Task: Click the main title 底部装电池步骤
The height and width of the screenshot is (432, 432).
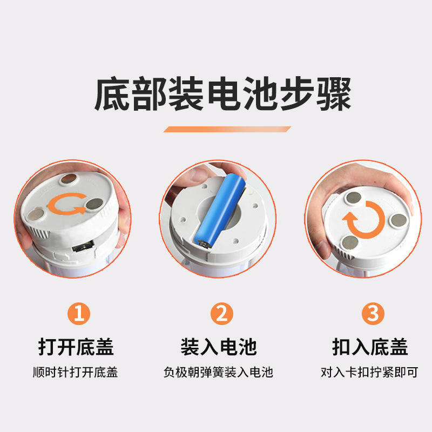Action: tap(222, 94)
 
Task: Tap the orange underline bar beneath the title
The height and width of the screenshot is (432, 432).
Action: tap(227, 129)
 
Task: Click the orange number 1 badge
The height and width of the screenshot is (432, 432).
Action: tap(79, 314)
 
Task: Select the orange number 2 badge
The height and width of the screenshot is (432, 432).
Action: tap(222, 314)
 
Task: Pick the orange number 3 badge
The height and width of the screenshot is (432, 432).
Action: tap(373, 314)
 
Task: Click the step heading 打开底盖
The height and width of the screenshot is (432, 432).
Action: tap(76, 347)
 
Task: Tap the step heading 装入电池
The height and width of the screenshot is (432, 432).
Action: tap(219, 347)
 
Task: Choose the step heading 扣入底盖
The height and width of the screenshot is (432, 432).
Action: tap(370, 347)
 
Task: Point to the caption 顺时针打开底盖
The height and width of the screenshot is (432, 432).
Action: tap(75, 372)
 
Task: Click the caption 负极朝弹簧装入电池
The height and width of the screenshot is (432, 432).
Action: tap(218, 372)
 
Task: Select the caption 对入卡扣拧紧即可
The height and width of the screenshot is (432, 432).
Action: tap(369, 372)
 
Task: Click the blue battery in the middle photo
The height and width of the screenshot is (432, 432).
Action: tap(220, 211)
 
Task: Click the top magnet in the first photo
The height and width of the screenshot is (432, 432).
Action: tap(69, 179)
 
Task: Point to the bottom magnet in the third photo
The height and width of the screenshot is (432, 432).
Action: tap(350, 242)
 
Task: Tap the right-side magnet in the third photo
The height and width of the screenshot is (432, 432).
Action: tap(399, 221)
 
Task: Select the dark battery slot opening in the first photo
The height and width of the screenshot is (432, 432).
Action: tap(83, 246)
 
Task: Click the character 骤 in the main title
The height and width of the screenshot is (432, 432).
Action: tap(334, 94)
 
